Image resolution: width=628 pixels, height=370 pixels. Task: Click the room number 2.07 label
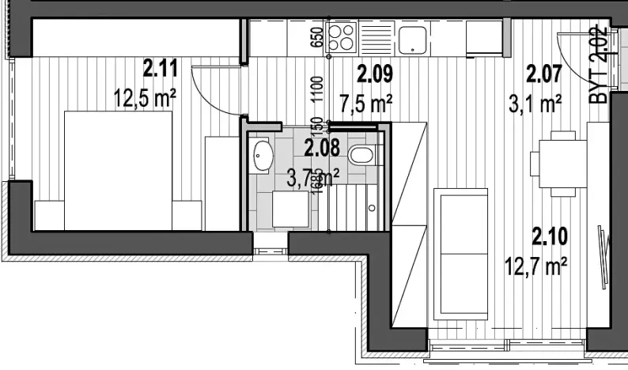point(544,74)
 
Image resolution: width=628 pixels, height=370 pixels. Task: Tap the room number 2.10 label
point(548,235)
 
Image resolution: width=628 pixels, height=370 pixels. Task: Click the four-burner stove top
point(343,36)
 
